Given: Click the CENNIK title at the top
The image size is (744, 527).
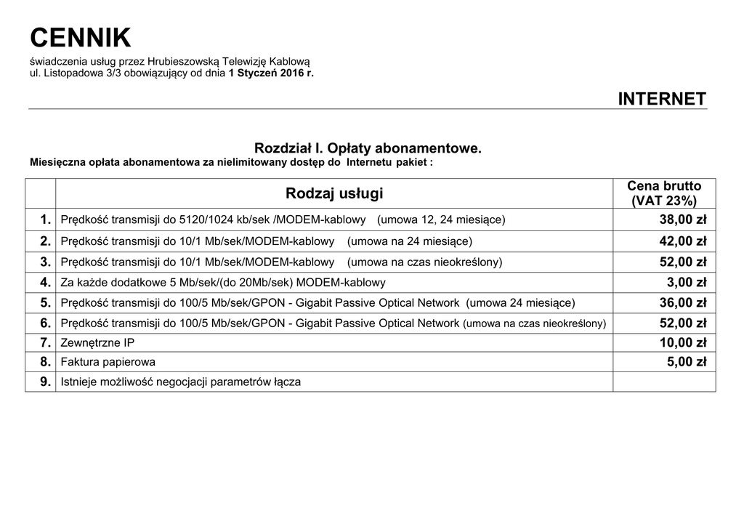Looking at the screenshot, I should [x=81, y=37].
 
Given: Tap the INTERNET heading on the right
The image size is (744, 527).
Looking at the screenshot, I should [x=662, y=99].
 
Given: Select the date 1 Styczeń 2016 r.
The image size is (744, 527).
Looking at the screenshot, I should [x=271, y=73].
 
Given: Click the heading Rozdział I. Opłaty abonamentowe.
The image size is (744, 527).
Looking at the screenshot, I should [x=368, y=148].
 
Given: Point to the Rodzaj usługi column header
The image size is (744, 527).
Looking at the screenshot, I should [x=334, y=193].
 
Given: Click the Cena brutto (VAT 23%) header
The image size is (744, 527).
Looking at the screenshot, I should [x=664, y=193].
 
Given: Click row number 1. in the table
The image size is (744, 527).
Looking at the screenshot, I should [x=46, y=220].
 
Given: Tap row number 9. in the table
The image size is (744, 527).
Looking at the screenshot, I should [x=46, y=382].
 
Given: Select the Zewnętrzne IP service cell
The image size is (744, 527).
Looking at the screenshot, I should [x=97, y=342].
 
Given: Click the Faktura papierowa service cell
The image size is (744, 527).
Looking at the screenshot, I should [x=108, y=362].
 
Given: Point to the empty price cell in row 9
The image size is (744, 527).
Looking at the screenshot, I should [x=664, y=382].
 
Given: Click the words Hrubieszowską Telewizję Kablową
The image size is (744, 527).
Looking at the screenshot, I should [x=228, y=62].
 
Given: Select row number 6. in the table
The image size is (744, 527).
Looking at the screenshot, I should [x=46, y=323].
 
